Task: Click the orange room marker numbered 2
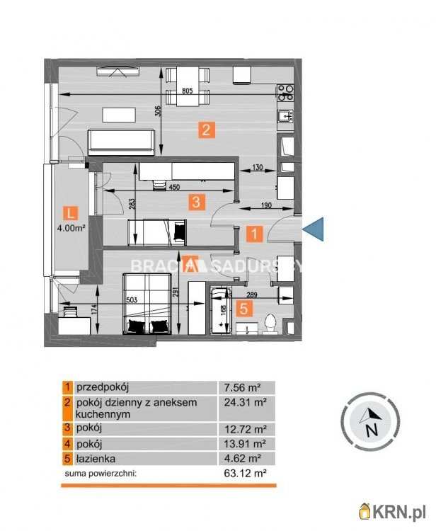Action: click(205, 130)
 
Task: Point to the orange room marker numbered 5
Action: click(244, 308)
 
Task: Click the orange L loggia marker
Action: click(69, 212)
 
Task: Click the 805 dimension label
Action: click(188, 91)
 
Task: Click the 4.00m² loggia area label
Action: click(71, 229)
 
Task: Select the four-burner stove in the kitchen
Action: click(285, 91)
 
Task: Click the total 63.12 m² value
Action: click(239, 472)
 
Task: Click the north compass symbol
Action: click(369, 422)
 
